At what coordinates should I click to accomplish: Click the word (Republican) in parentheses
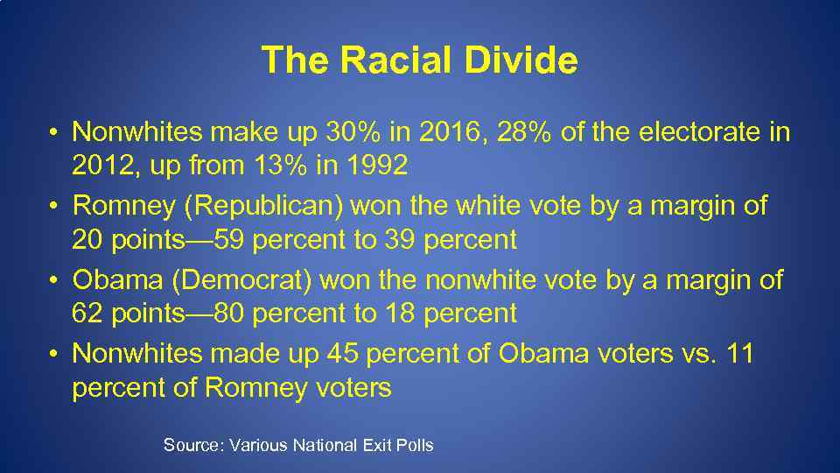point(261,207)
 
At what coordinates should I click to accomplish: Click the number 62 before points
point(88,313)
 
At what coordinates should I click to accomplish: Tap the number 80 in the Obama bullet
point(230,313)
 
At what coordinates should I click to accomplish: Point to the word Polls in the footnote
point(415,445)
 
